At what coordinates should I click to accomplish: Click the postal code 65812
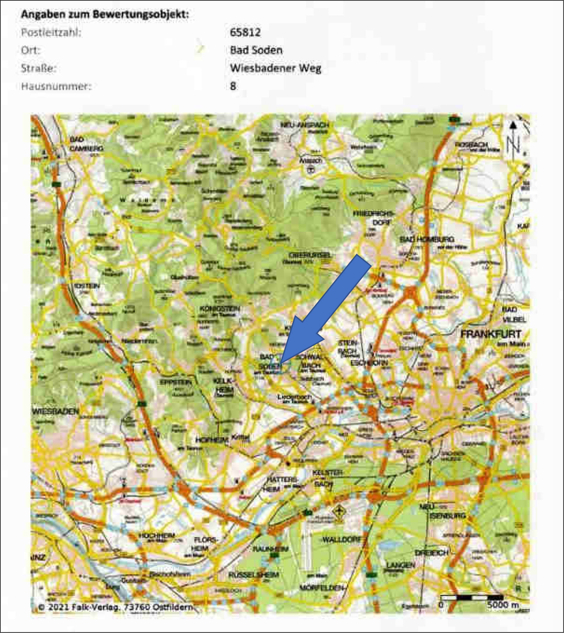click(245, 32)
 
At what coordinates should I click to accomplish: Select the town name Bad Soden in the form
click(256, 50)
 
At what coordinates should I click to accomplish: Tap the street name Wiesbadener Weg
click(275, 68)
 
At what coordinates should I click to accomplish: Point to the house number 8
click(233, 86)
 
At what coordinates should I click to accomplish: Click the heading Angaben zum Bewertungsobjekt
click(105, 14)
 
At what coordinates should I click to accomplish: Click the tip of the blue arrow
click(280, 364)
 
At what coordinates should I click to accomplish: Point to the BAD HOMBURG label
click(427, 239)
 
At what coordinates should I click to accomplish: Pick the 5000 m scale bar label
click(502, 605)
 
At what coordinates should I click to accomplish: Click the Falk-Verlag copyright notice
click(115, 607)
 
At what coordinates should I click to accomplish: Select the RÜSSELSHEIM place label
click(253, 575)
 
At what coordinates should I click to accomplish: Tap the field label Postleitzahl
click(51, 32)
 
